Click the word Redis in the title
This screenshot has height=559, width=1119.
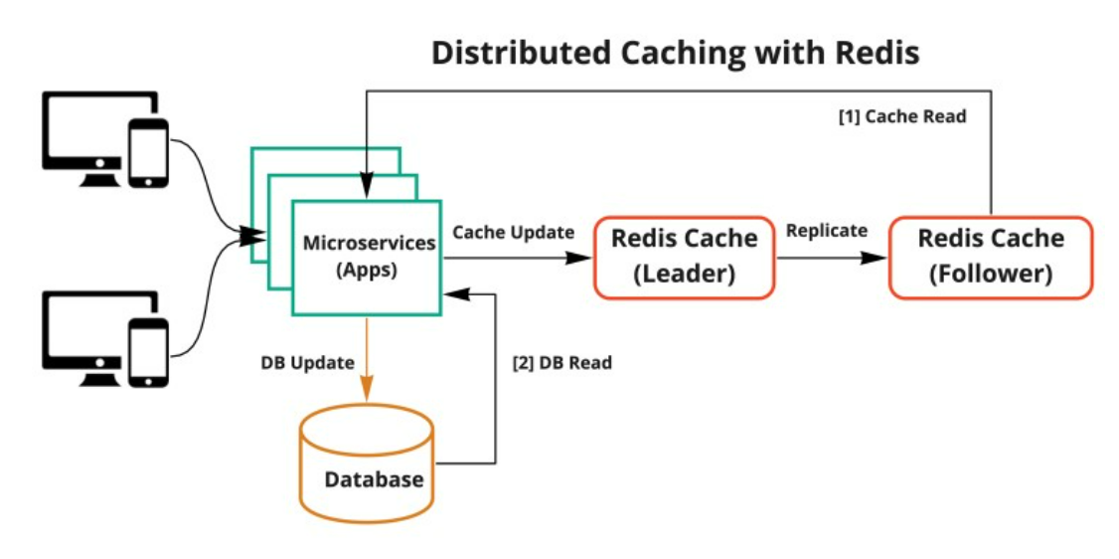pos(875,53)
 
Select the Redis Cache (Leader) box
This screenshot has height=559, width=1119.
pos(684,257)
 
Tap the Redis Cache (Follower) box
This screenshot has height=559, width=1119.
pos(990,257)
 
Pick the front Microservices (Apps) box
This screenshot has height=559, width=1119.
pos(367,257)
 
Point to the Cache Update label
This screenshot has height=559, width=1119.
pos(513,232)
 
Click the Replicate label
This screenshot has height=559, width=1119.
pos(826,231)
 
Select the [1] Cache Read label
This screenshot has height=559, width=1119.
pos(901,116)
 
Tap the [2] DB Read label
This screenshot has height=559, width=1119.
pos(561,363)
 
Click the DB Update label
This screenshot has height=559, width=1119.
pos(307,363)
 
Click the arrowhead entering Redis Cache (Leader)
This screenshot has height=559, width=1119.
pos(580,258)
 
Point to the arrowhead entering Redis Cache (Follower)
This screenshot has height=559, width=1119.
pos(876,258)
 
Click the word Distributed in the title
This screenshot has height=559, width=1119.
pos(526,53)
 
